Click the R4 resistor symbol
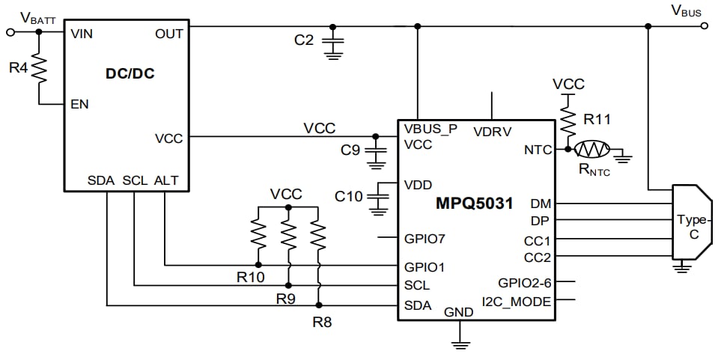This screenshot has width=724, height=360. pos(40,68)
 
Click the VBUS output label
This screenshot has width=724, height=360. pos(686,10)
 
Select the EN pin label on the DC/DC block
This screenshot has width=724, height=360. pos(79,104)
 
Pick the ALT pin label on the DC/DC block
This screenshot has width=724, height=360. pos(166,180)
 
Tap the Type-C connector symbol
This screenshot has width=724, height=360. pos(688,222)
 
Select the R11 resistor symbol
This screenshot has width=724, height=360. pos(568,118)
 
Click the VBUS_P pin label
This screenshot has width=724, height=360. pos(431,129)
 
